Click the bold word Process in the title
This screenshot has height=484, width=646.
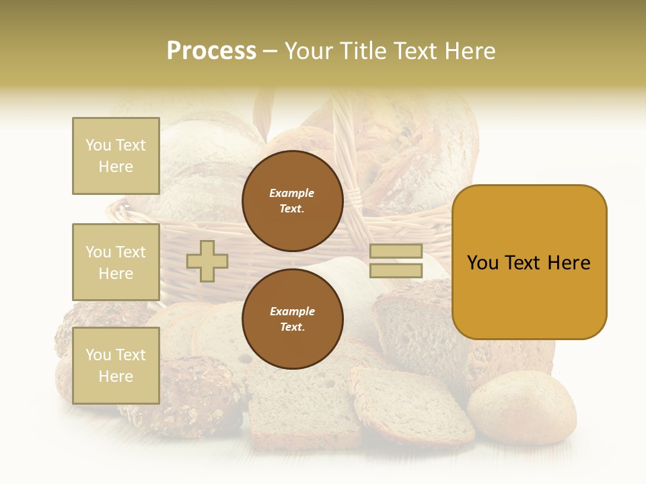click(x=211, y=51)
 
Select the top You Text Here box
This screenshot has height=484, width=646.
click(x=116, y=156)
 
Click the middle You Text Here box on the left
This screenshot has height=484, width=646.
click(x=116, y=262)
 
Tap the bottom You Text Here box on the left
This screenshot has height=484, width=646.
click(x=116, y=366)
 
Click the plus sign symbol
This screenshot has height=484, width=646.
click(x=207, y=261)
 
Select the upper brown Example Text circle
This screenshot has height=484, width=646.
click(x=292, y=201)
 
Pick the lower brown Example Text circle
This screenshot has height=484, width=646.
click(x=292, y=319)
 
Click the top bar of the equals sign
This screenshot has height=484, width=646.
click(x=396, y=251)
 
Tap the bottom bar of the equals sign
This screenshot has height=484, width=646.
click(x=396, y=270)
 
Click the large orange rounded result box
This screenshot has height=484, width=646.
click(x=529, y=262)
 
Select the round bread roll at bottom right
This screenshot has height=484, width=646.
click(x=522, y=407)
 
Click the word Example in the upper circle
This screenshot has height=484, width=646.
click(x=292, y=193)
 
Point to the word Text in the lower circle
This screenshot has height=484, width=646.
click(x=292, y=327)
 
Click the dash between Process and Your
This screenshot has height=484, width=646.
click(x=271, y=51)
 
